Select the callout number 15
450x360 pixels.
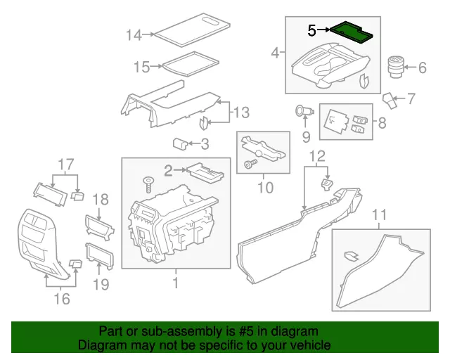(142, 67)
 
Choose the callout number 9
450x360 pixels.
(306, 135)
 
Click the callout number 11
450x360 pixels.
(380, 214)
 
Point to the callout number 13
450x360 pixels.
(241, 112)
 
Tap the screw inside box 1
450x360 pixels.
(148, 184)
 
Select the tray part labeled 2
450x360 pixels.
(205, 172)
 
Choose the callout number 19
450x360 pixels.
(101, 284)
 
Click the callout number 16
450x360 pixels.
(62, 300)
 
